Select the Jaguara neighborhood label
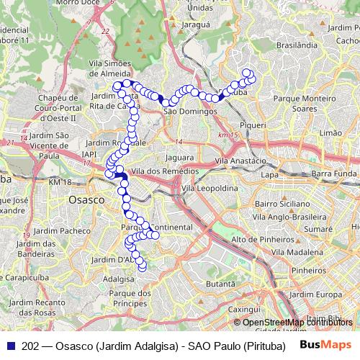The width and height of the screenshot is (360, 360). click(x=179, y=156)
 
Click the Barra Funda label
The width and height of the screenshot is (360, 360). click(x=335, y=174)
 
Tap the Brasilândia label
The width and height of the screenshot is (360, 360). click(x=297, y=44)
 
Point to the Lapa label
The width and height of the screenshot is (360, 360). click(x=269, y=175)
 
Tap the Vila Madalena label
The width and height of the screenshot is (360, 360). click(x=297, y=252)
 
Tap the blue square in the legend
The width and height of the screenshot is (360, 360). click(x=9, y=346)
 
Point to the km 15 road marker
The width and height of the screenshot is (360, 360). click(x=230, y=135)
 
